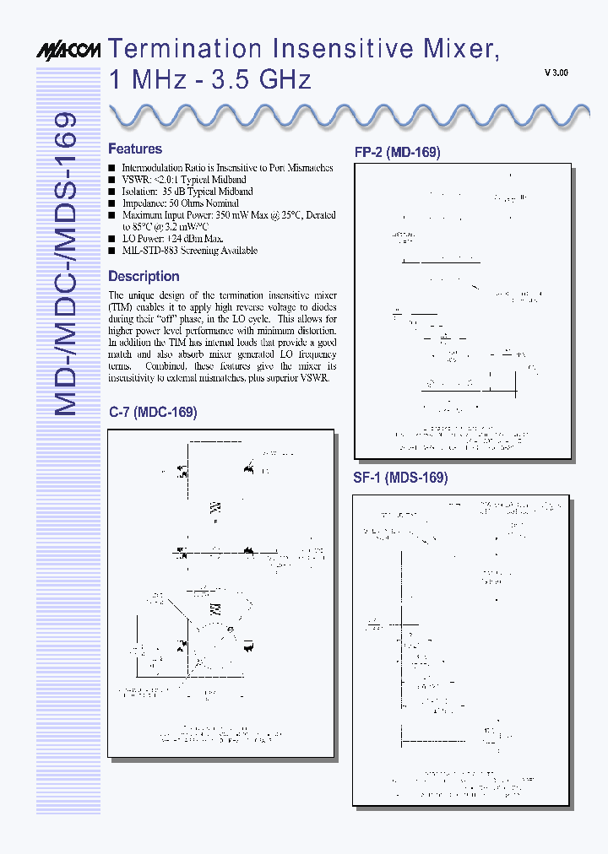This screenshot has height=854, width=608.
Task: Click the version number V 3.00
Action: (556, 73)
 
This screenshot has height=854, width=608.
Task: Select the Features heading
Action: (135, 149)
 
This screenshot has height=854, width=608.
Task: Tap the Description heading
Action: (144, 276)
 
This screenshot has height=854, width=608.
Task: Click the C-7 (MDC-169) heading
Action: (153, 412)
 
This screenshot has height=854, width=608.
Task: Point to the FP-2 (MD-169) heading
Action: (397, 153)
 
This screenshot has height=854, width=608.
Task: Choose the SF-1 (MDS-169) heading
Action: (400, 477)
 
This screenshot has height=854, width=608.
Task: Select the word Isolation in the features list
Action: (138, 192)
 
